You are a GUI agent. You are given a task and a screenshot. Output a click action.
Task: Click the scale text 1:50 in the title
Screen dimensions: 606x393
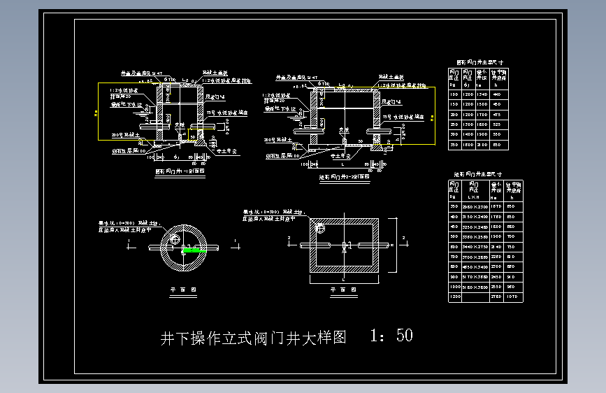(391, 336)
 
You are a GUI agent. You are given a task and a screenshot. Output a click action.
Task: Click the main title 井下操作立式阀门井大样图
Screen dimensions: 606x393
(254, 338)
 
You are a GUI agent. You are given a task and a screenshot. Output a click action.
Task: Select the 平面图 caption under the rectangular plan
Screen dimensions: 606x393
(342, 288)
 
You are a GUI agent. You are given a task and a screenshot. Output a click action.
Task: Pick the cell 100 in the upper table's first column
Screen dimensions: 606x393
(454, 94)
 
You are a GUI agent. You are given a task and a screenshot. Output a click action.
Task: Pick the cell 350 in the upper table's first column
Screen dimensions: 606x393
(454, 144)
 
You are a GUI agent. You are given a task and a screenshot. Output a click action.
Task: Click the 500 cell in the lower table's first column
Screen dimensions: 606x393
(454, 237)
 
